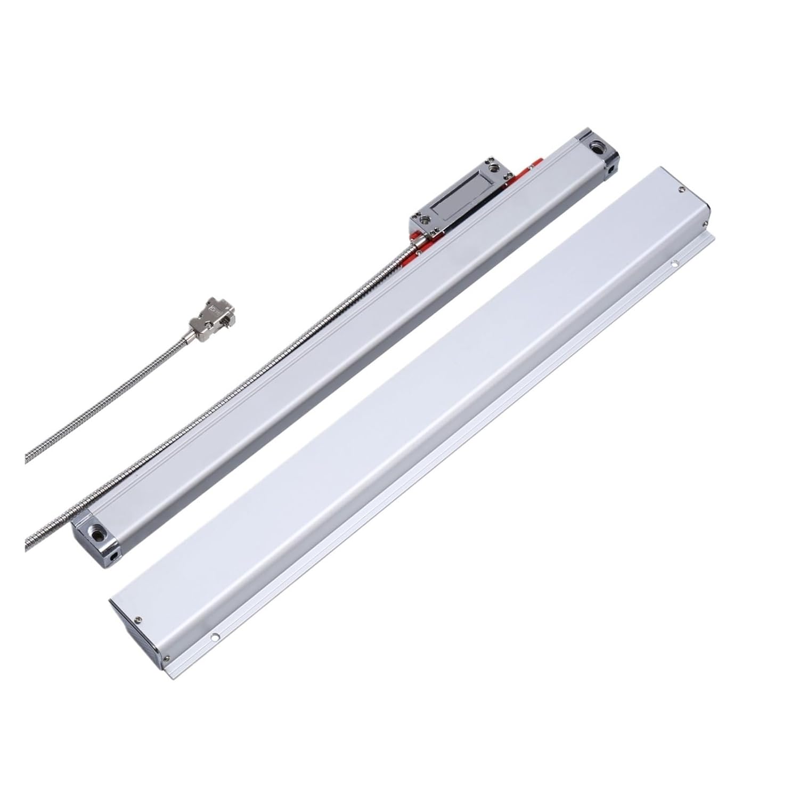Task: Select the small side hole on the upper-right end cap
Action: [x=615, y=170]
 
